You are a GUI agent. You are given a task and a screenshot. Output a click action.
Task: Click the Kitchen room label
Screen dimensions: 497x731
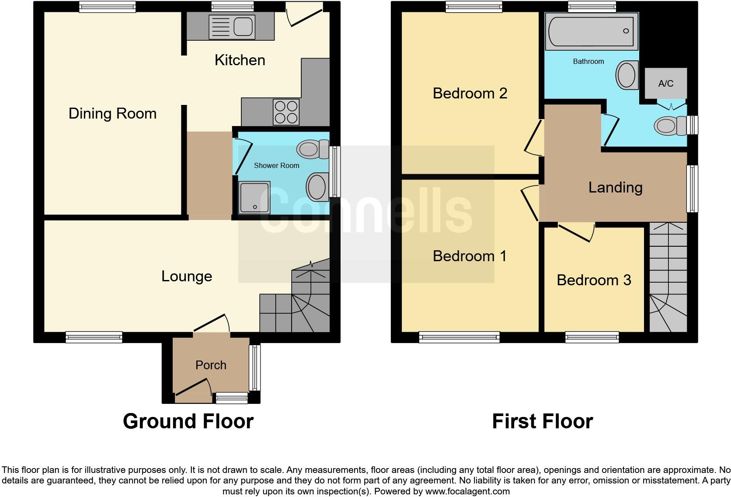pyautogui.click(x=240, y=60)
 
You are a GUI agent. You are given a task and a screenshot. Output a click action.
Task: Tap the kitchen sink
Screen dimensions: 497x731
pyautogui.click(x=231, y=26)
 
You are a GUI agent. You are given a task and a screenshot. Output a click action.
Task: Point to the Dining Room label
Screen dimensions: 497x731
pyautogui.click(x=112, y=113)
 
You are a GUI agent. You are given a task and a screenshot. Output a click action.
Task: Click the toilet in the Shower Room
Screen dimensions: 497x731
pyautogui.click(x=312, y=149)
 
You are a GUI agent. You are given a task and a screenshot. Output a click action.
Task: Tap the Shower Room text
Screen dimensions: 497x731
pyautogui.click(x=276, y=165)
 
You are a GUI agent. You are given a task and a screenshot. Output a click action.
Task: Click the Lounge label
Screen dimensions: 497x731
pyautogui.click(x=187, y=276)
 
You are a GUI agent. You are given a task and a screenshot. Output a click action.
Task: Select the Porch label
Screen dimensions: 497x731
pyautogui.click(x=211, y=365)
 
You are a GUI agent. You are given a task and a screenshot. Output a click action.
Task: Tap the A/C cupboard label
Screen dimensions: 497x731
pyautogui.click(x=665, y=83)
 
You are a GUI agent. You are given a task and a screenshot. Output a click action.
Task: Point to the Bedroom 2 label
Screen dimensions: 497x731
pyautogui.click(x=470, y=93)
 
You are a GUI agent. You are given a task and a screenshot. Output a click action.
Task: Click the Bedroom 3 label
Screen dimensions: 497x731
pyautogui.click(x=594, y=280)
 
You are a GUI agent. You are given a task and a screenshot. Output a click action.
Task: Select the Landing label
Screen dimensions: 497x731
pyautogui.click(x=615, y=187)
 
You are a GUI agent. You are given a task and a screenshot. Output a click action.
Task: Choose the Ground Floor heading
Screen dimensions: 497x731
pyautogui.click(x=188, y=421)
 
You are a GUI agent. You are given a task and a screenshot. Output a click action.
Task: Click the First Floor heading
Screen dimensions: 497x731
pyautogui.click(x=542, y=421)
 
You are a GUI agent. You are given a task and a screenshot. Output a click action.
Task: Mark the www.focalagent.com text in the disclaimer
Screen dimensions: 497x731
pyautogui.click(x=467, y=491)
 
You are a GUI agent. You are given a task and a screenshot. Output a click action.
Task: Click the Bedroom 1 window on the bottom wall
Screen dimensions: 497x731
pyautogui.click(x=459, y=336)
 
